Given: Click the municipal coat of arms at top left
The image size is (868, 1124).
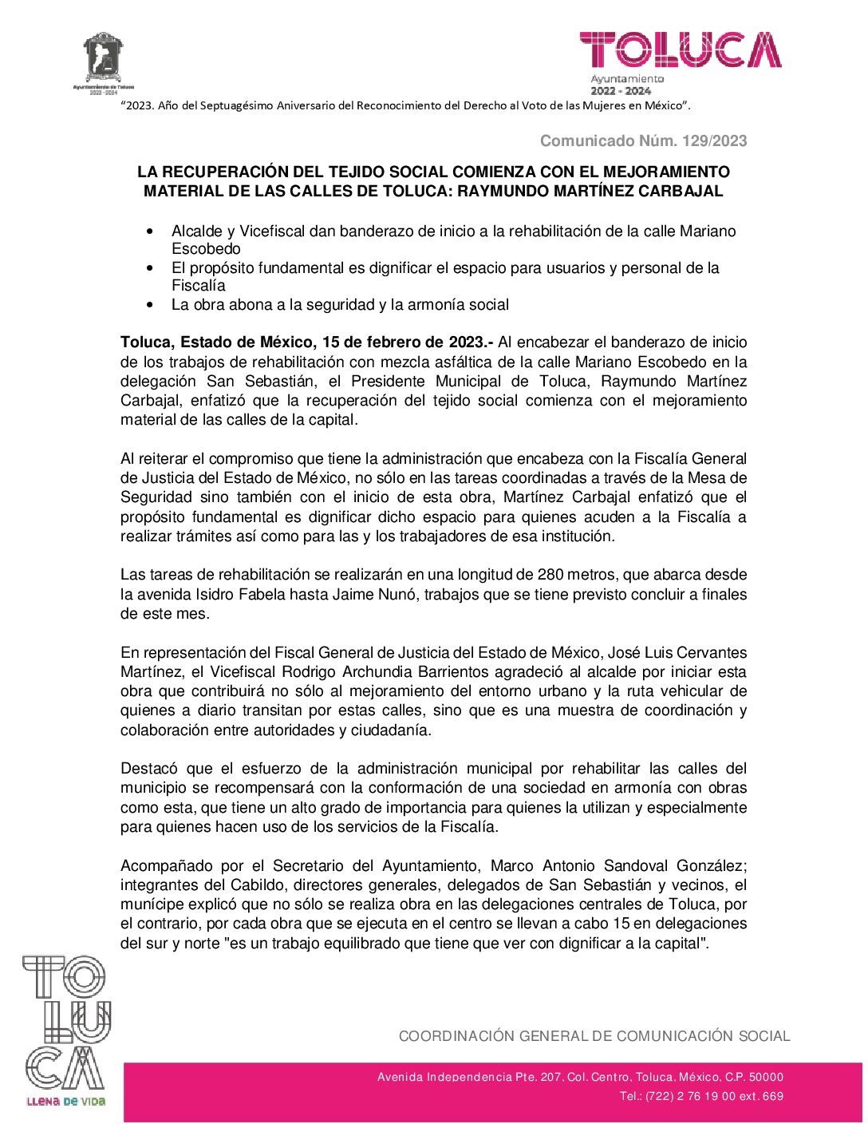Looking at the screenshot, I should pyautogui.click(x=104, y=57).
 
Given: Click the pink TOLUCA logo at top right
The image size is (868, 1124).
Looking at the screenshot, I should pyautogui.click(x=680, y=50).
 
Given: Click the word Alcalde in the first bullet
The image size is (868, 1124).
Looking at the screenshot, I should pyautogui.click(x=198, y=232).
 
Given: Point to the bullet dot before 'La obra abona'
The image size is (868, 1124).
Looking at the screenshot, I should pyautogui.click(x=150, y=305).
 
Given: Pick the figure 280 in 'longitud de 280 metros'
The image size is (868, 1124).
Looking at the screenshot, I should pyautogui.click(x=550, y=575).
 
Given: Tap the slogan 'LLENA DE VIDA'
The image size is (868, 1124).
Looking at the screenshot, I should pyautogui.click(x=66, y=1102).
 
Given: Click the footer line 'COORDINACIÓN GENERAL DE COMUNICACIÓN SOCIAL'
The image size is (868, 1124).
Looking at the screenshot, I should pyautogui.click(x=594, y=1036).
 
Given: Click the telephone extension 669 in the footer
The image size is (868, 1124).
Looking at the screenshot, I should pyautogui.click(x=773, y=1096).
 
